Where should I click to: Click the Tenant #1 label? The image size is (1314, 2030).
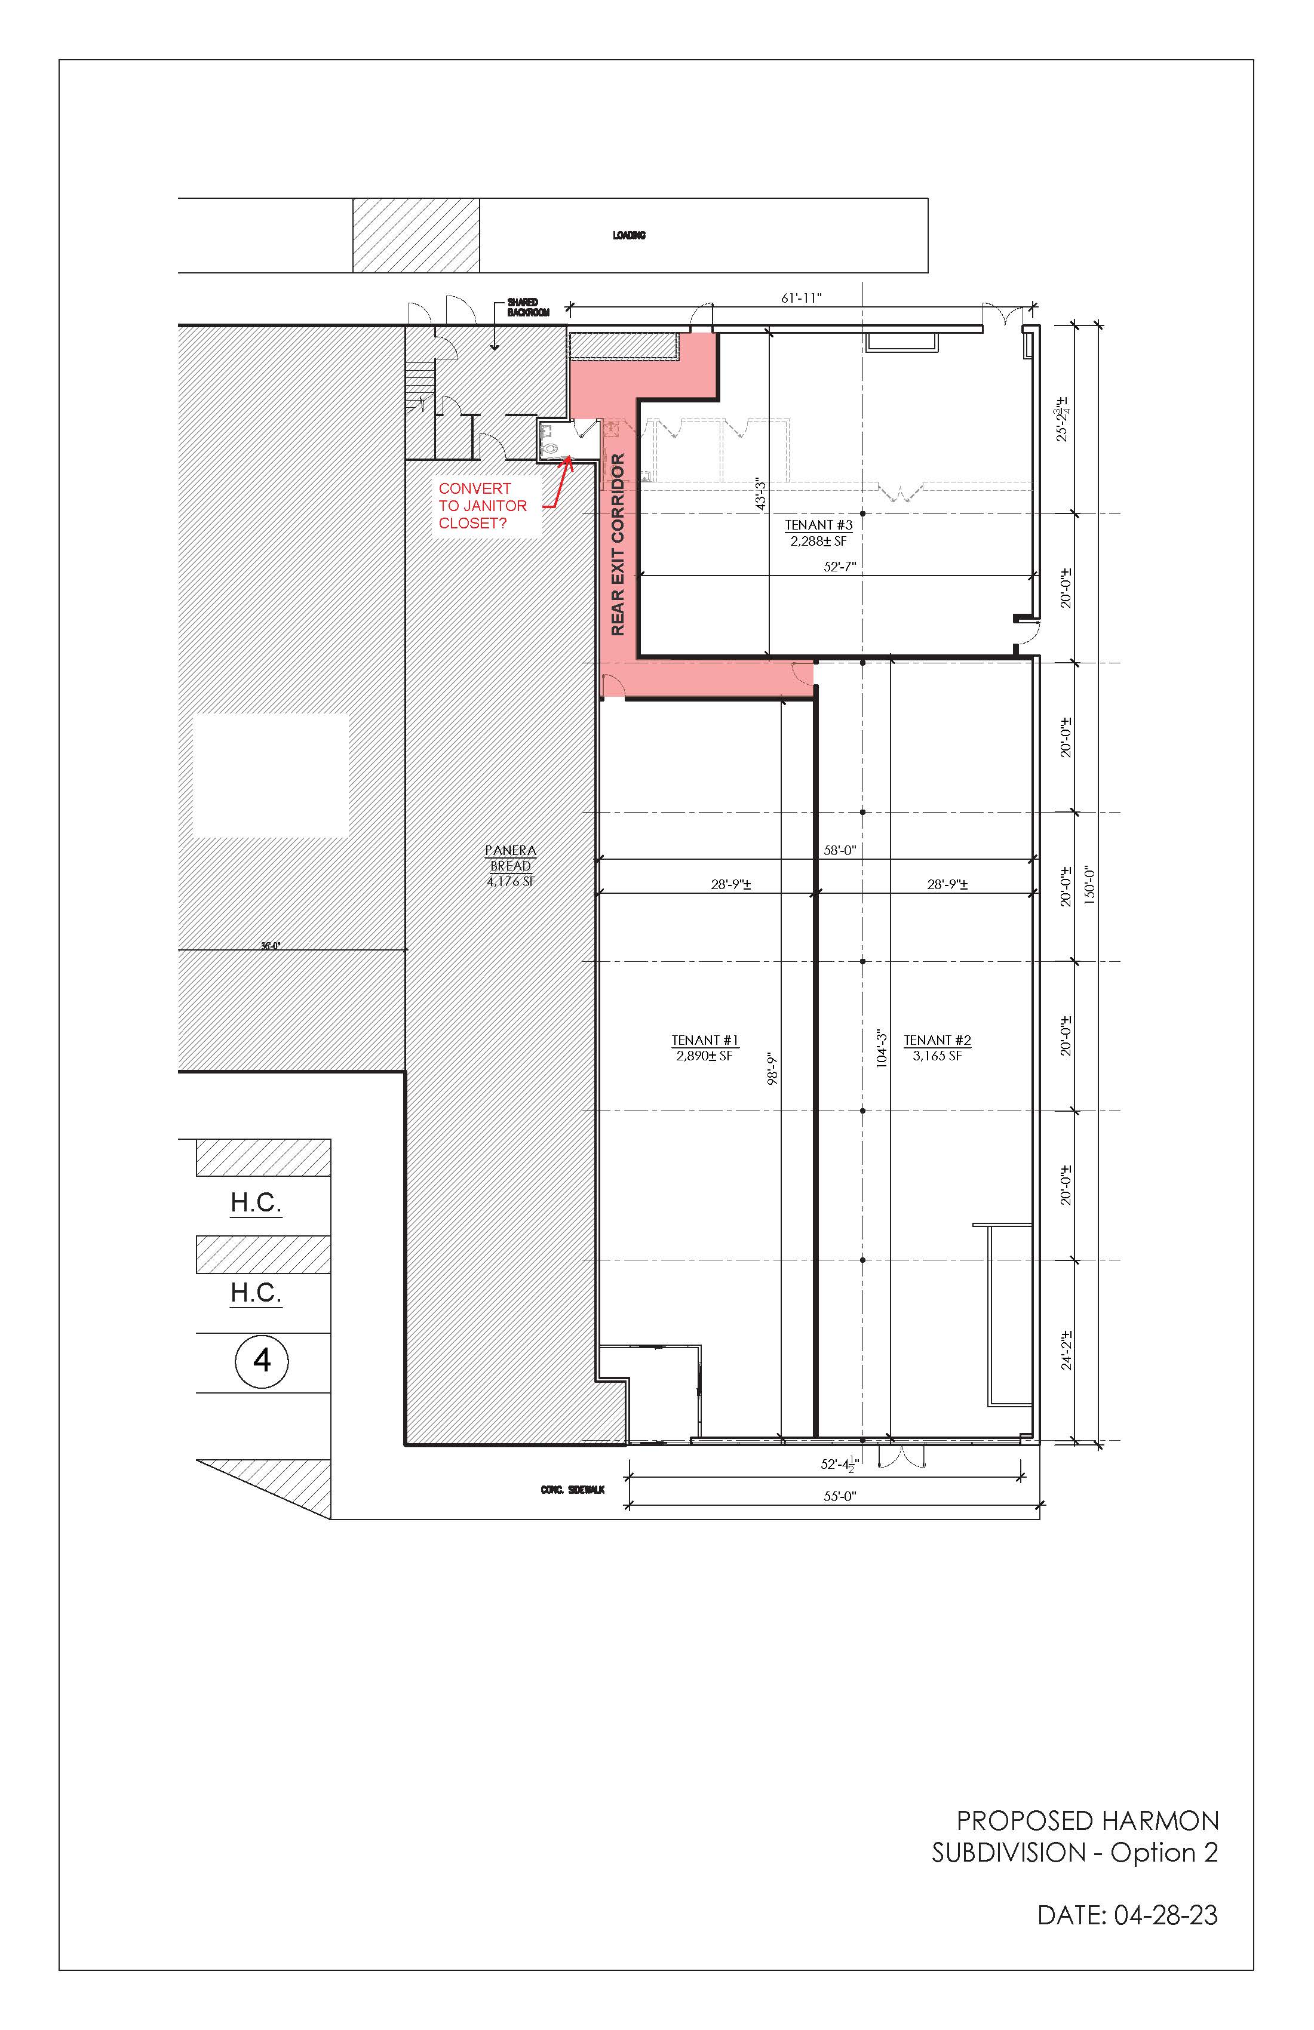point(705,1047)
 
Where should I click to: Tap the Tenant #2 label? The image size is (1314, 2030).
point(937,1047)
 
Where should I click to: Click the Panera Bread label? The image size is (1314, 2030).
point(510,866)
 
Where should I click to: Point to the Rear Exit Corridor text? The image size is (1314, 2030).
point(618,544)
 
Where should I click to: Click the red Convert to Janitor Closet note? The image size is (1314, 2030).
point(483,506)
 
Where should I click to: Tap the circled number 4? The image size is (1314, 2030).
point(262,1360)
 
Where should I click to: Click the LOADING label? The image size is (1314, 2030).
point(629,235)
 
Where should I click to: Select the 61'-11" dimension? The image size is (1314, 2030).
point(801,298)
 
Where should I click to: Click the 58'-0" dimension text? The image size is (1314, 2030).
point(840,850)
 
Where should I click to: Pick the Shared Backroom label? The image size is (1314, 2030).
point(528,307)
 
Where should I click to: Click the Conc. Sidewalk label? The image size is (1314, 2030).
point(573,1489)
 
